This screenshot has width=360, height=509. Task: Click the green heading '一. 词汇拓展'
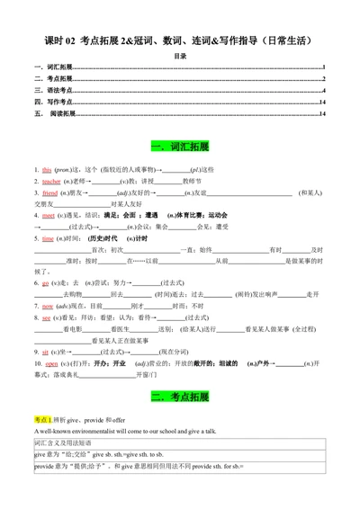[180, 146]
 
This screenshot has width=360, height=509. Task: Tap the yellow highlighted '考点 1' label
[44, 419]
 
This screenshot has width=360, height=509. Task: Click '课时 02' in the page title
[58, 38]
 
